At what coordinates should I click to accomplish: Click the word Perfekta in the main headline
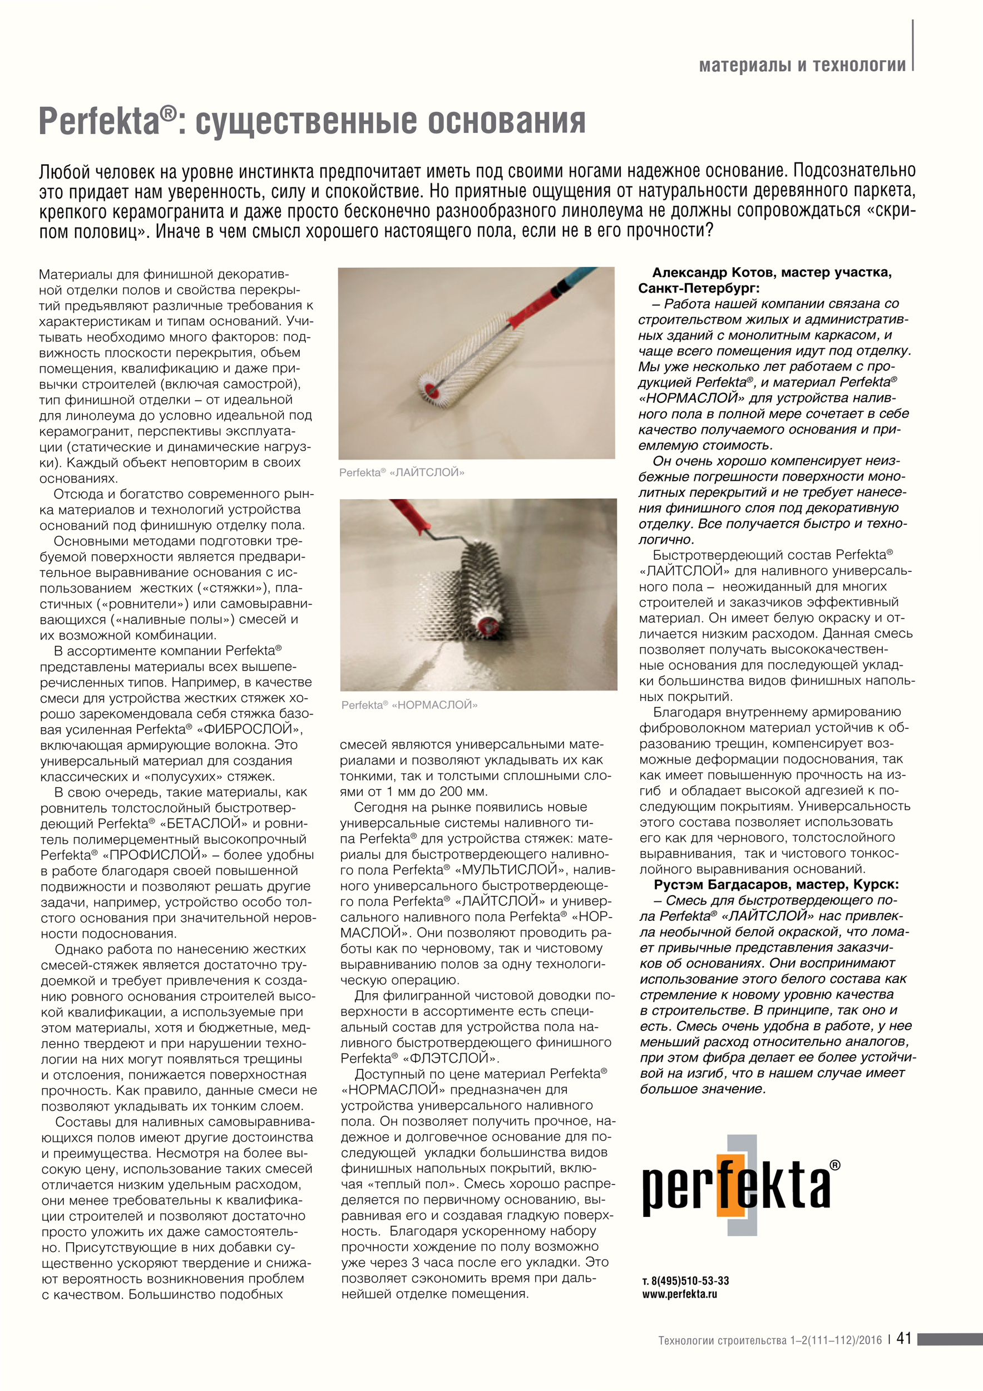pyautogui.click(x=100, y=121)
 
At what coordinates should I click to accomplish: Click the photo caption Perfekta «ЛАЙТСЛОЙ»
pyautogui.click(x=401, y=472)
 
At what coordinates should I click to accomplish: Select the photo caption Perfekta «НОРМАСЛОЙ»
pyautogui.click(x=409, y=704)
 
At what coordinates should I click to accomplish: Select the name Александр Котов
pyautogui.click(x=714, y=273)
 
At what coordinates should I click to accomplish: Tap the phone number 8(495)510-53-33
pyautogui.click(x=690, y=1281)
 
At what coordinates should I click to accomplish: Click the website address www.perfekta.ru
pyautogui.click(x=680, y=1294)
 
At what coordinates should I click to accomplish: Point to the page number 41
pyautogui.click(x=903, y=1338)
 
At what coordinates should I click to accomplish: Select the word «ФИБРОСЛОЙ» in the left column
pyautogui.click(x=249, y=729)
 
